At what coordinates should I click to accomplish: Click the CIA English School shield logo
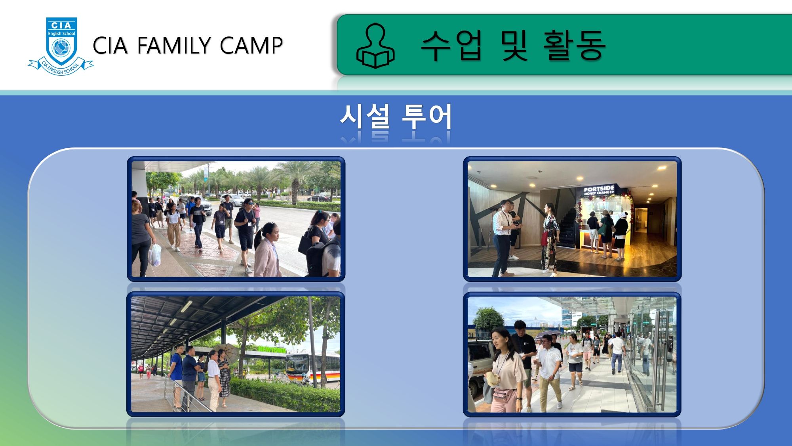61,46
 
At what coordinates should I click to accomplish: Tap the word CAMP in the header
251,45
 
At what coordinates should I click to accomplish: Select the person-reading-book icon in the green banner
375,46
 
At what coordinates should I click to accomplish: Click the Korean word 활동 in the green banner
574,45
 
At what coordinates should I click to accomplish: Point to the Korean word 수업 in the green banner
451,45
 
